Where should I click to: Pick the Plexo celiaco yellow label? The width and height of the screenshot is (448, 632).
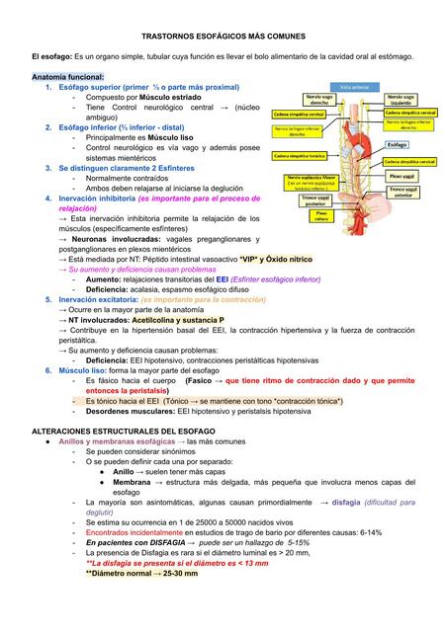tap(322, 216)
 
